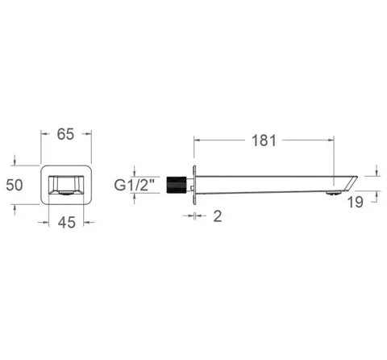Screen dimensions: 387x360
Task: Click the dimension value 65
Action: click(x=65, y=134)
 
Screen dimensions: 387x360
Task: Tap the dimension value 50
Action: click(x=15, y=185)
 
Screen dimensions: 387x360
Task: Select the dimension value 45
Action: click(x=67, y=223)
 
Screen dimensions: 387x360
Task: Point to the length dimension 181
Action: click(x=264, y=140)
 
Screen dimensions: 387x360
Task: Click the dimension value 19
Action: click(x=355, y=202)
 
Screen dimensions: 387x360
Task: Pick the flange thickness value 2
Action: click(x=218, y=216)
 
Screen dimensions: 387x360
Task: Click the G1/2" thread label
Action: click(x=135, y=185)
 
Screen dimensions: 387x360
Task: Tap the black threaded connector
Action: click(x=177, y=185)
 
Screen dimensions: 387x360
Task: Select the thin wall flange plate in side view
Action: click(x=194, y=185)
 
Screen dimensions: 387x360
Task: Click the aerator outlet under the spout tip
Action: click(x=333, y=193)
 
